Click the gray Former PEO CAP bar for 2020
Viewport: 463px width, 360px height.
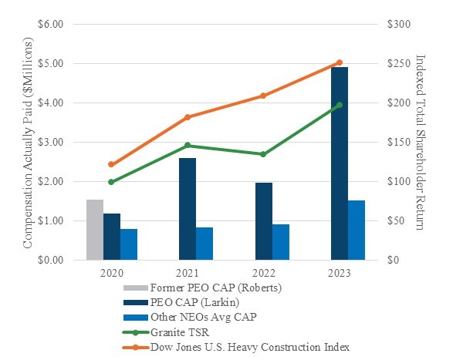pos(94,230)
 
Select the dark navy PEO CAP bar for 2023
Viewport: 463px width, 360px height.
pos(340,163)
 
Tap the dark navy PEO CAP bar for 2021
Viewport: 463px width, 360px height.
pos(188,209)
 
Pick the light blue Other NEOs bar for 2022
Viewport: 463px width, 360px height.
pos(281,242)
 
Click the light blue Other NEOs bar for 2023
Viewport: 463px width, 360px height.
pos(357,230)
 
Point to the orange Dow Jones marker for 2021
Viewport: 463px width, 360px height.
pos(188,117)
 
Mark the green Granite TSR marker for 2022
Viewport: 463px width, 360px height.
pos(264,154)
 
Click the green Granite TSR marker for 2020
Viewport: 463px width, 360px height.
pos(111,182)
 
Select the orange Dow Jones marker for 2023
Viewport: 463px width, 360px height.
pos(340,62)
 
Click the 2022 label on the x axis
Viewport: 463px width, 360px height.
pos(264,274)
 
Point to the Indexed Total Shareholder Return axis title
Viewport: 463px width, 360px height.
pos(421,142)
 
